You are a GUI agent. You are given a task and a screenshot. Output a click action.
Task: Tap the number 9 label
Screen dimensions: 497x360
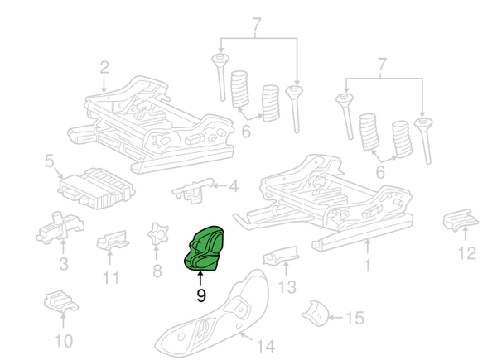(x=200, y=295)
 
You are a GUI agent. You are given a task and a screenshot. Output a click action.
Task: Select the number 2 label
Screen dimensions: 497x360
(x=104, y=67)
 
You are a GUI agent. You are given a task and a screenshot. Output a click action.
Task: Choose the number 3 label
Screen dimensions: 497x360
(x=63, y=265)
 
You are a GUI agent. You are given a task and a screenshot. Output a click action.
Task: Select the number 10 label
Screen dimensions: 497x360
(x=63, y=340)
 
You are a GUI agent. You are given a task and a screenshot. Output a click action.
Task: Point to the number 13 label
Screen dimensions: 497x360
(x=287, y=287)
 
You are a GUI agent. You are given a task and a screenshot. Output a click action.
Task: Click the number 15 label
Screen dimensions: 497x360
(x=354, y=317)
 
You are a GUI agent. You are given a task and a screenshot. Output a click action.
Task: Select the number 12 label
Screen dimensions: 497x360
(x=467, y=252)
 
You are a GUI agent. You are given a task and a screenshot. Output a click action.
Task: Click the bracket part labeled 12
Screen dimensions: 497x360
(x=460, y=221)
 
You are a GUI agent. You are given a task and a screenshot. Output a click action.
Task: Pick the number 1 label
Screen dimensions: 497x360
(x=368, y=267)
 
